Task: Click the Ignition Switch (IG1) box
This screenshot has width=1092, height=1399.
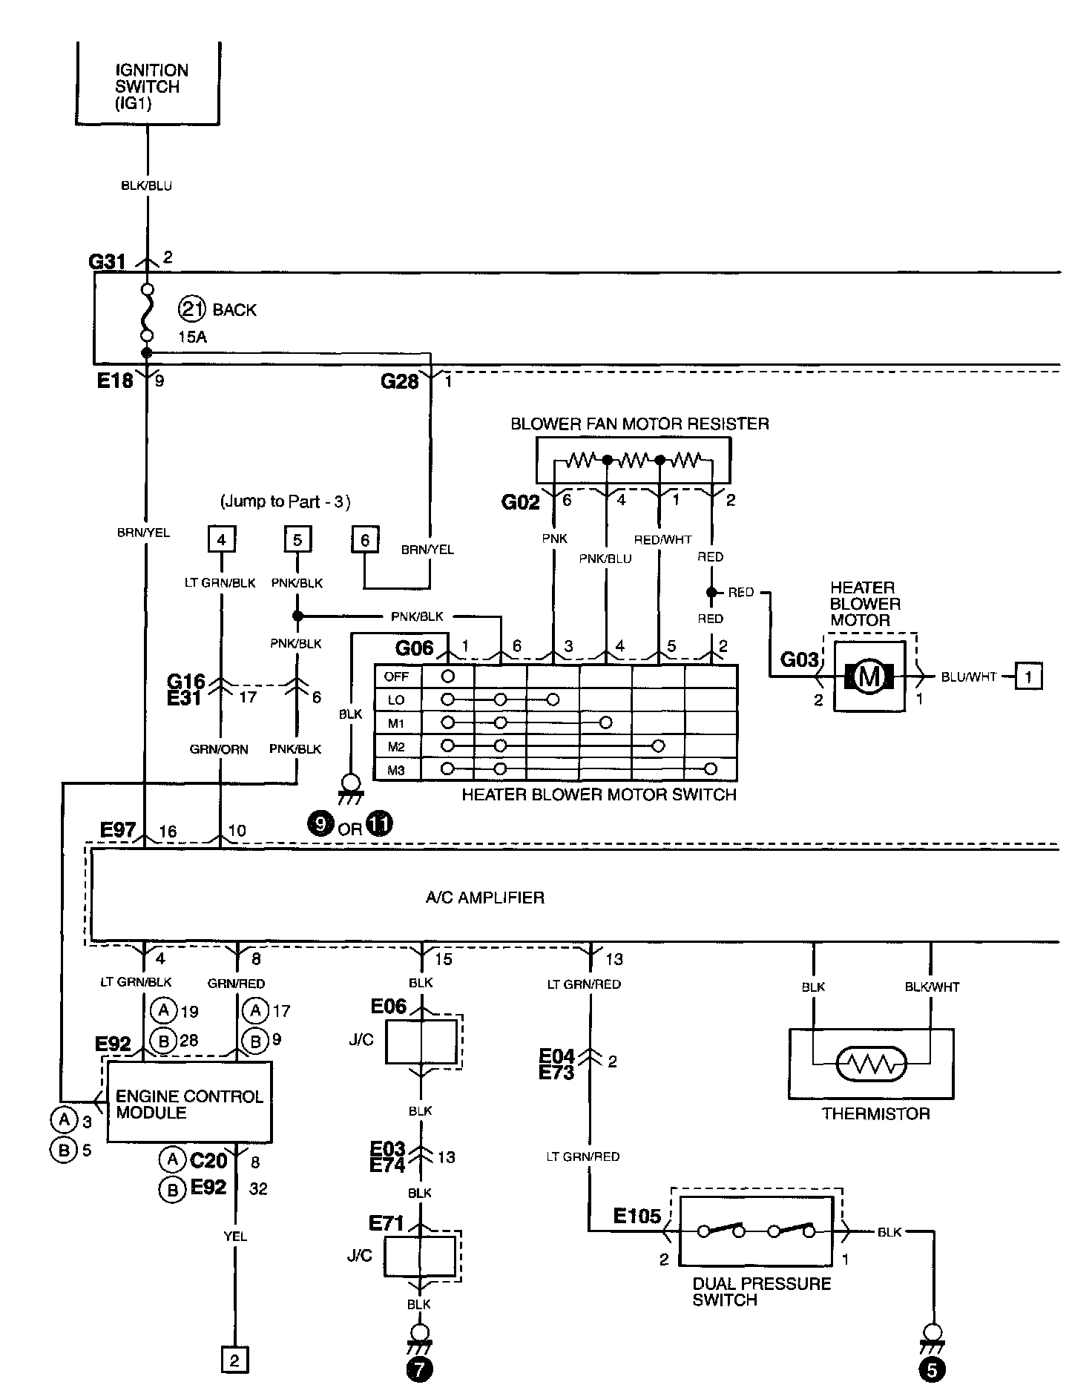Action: pyautogui.click(x=148, y=85)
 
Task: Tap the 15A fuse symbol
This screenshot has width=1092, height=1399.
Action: pyautogui.click(x=148, y=312)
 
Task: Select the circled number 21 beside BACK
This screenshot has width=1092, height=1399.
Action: pyautogui.click(x=193, y=309)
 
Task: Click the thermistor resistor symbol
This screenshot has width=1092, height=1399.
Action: pyautogui.click(x=872, y=1065)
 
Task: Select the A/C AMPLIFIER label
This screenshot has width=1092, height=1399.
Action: pyautogui.click(x=485, y=898)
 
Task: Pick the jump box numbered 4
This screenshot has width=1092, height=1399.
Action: pyautogui.click(x=221, y=539)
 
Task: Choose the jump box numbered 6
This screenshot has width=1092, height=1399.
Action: pyautogui.click(x=364, y=539)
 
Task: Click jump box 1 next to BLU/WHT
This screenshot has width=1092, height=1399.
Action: pyautogui.click(x=1028, y=676)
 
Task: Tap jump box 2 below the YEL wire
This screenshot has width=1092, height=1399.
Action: pyautogui.click(x=235, y=1360)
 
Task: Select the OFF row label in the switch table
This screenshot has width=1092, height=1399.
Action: pyautogui.click(x=397, y=676)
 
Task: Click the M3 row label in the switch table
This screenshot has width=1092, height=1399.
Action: pyautogui.click(x=397, y=770)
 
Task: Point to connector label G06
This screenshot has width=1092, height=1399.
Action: pyautogui.click(x=414, y=648)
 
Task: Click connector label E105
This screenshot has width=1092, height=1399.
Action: pyautogui.click(x=637, y=1216)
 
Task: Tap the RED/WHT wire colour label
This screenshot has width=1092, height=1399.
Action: pyautogui.click(x=662, y=539)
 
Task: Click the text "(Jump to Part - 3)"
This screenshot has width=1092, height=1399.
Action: pyautogui.click(x=285, y=501)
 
